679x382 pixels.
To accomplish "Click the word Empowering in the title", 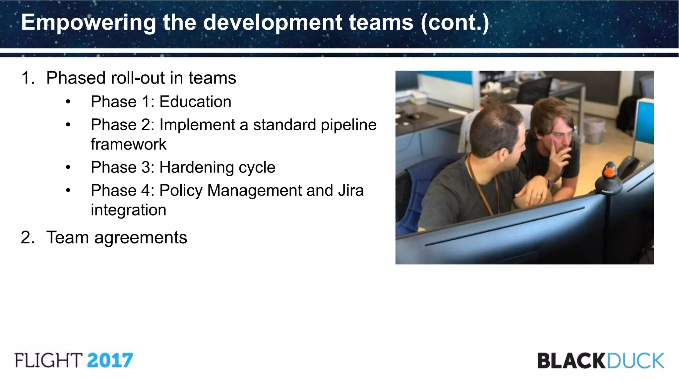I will coord(88,23).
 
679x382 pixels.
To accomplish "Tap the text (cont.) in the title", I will coord(455,23).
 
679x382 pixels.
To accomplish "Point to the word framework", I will coord(128,144).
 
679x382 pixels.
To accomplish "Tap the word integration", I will coord(128,210).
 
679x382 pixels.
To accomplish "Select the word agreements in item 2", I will coord(141,237).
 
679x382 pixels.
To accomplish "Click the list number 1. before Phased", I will coord(28,78).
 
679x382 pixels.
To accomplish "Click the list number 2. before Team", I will coord(28,237).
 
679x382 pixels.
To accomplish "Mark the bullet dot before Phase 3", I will coord(68,167).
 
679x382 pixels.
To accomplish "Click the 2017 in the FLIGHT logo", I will coord(110,360).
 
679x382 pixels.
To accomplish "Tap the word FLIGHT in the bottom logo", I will coord(48,360).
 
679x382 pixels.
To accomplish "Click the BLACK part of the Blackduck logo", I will coord(571,361).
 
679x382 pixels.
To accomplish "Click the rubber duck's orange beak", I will coord(609,172).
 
